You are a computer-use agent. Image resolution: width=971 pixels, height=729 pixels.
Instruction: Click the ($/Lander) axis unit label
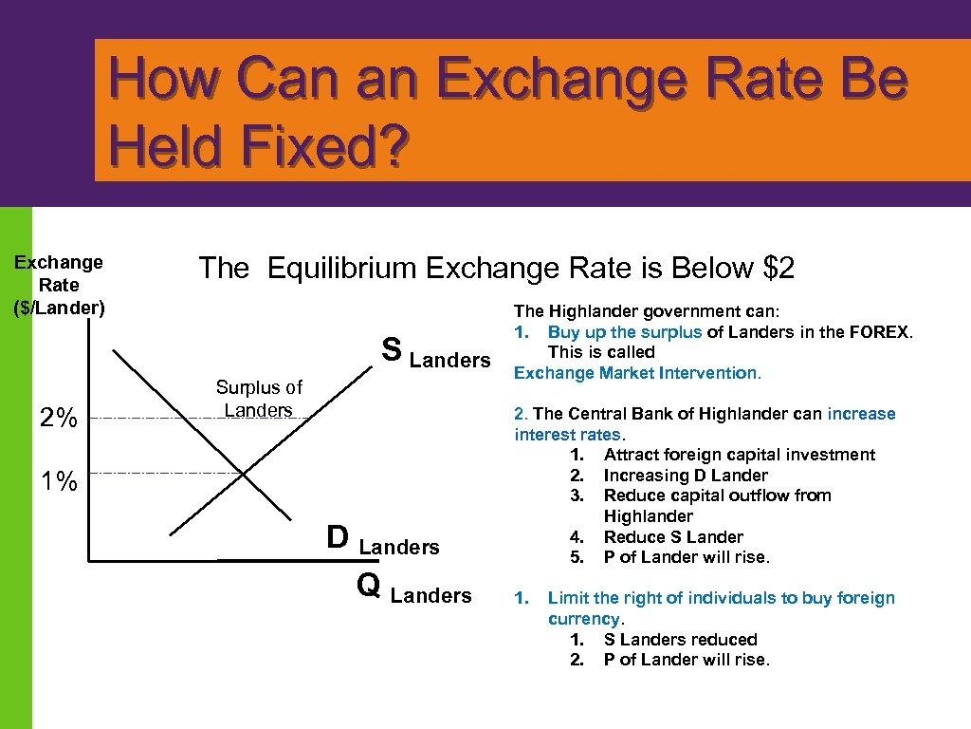coord(59,308)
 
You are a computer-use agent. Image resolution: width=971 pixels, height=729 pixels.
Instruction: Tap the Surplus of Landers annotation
coord(259,399)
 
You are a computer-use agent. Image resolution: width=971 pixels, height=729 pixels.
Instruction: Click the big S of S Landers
coord(391,348)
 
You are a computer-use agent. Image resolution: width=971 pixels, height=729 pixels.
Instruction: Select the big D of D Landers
coord(337,537)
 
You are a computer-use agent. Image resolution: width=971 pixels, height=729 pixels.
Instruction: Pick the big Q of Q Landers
coord(369,586)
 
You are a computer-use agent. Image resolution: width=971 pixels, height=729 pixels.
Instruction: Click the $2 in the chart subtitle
coord(778,269)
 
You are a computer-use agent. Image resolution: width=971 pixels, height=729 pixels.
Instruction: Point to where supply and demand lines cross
coord(244,473)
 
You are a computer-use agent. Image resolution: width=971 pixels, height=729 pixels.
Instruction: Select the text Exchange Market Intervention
coord(637,373)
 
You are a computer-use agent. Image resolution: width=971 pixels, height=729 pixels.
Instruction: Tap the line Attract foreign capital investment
coord(740,455)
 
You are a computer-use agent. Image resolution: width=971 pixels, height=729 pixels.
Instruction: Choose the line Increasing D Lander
coord(686,475)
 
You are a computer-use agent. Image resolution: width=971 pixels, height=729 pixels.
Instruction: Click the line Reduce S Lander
coord(673,536)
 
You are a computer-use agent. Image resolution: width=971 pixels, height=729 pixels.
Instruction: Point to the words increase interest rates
coord(705,424)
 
